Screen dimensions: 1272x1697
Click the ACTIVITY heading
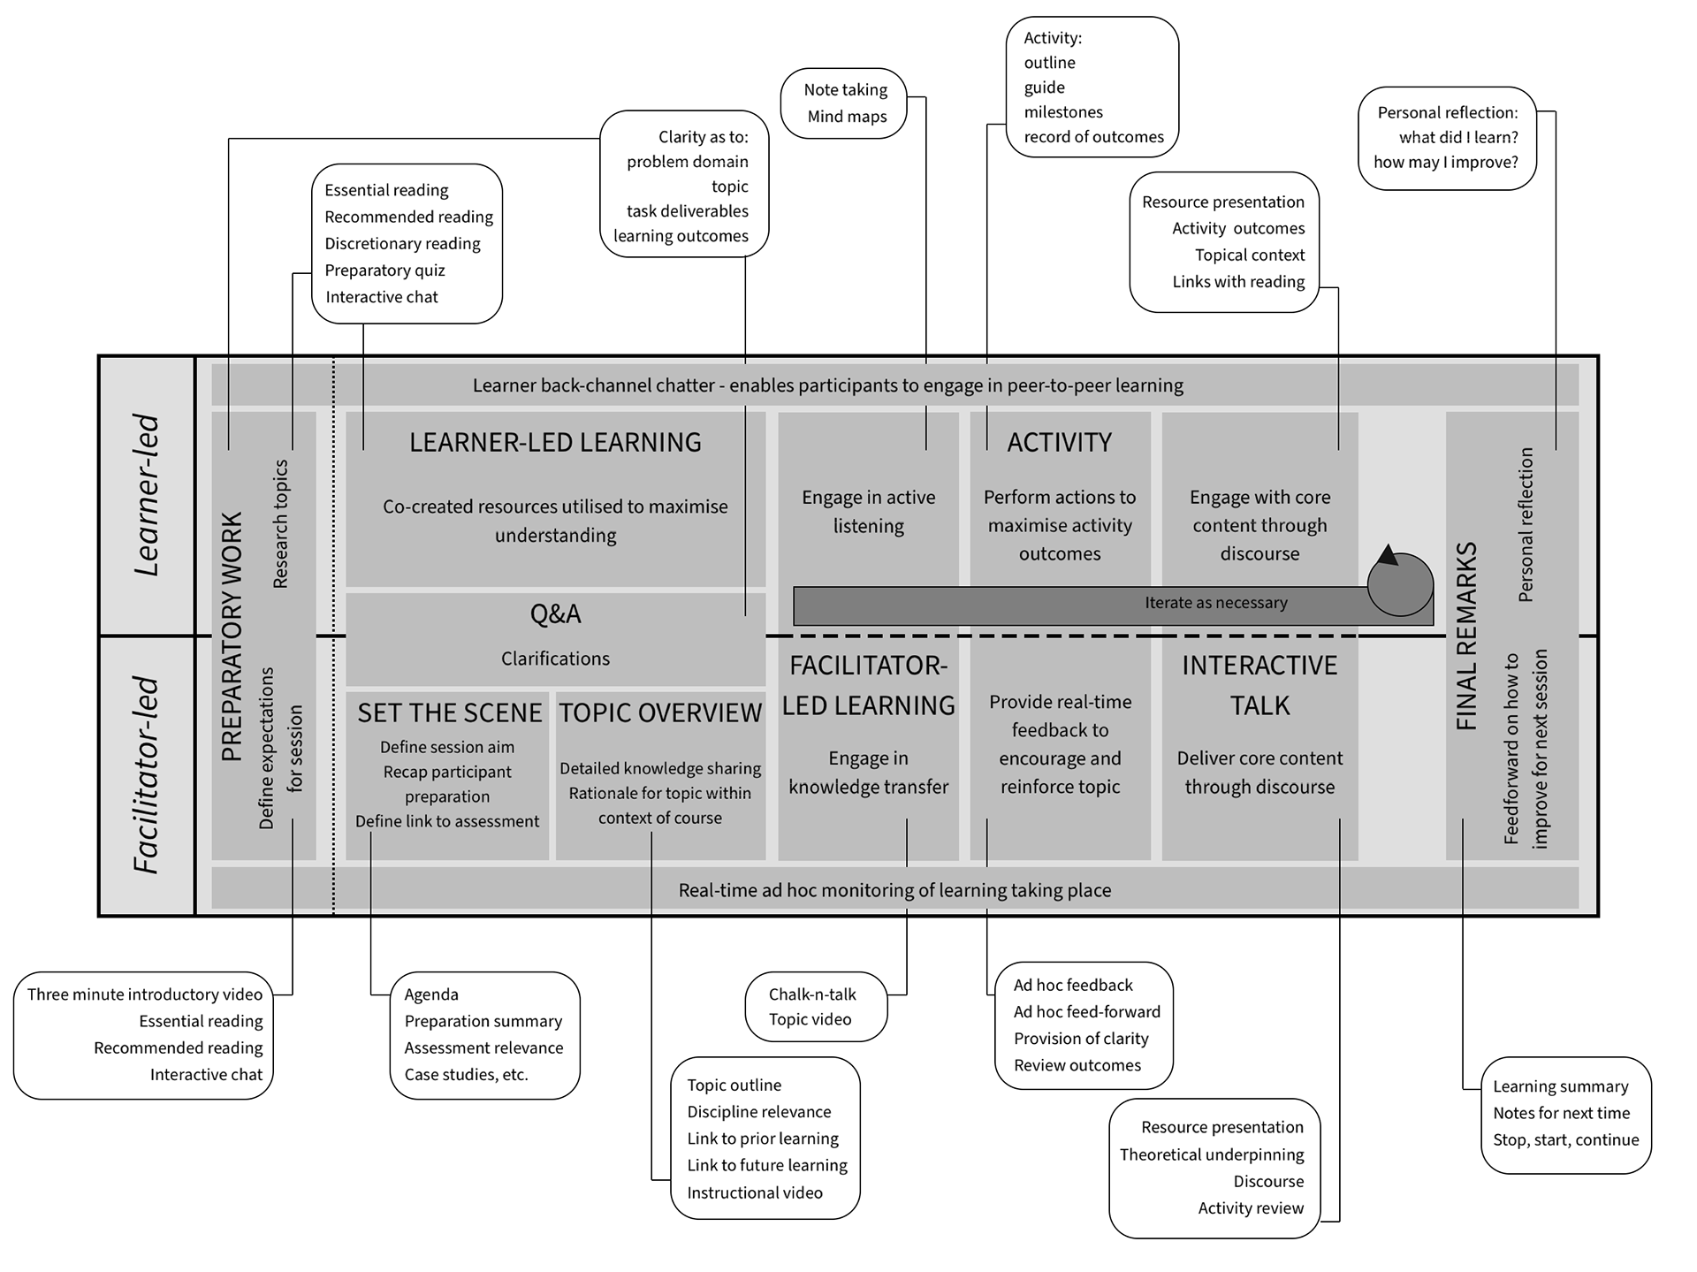tap(1059, 442)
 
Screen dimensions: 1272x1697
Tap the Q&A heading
tap(555, 613)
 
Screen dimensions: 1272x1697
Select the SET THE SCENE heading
tap(449, 712)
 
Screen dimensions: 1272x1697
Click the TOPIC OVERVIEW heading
tap(660, 712)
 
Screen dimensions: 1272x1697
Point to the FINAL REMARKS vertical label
tap(1466, 636)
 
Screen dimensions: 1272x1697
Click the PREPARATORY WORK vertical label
tap(232, 636)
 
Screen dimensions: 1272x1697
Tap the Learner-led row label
tap(147, 495)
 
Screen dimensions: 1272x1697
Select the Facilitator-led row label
tap(147, 775)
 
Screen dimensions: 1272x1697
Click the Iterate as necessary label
tap(1215, 603)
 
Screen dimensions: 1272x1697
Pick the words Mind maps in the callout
tap(847, 117)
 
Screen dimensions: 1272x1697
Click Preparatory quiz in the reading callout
tap(384, 270)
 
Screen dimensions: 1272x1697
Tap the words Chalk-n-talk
tap(812, 994)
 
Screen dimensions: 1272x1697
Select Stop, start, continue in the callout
tap(1565, 1140)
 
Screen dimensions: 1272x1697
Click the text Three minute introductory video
tap(145, 994)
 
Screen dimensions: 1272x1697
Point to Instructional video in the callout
tap(755, 1192)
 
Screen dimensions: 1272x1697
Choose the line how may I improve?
tap(1445, 163)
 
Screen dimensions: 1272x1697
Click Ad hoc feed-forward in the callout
tap(1086, 1012)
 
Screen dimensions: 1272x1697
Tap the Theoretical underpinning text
tap(1211, 1154)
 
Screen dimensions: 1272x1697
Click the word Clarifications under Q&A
tap(555, 659)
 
